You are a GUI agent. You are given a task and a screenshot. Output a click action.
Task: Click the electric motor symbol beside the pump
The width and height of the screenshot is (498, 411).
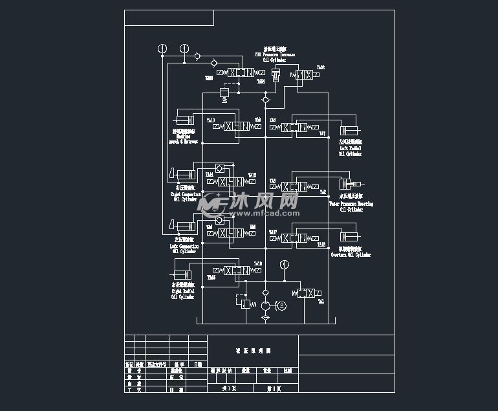pyautogui.click(x=281, y=306)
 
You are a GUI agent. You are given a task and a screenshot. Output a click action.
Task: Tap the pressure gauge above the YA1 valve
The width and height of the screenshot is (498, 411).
pyautogui.click(x=284, y=264)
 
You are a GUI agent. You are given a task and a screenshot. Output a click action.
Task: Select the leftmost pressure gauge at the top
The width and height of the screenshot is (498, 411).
pyautogui.click(x=162, y=49)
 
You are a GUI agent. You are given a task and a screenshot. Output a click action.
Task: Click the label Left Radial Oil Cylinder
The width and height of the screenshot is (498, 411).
pyautogui.click(x=351, y=148)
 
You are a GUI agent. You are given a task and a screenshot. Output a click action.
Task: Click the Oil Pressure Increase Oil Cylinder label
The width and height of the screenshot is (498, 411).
pyautogui.click(x=279, y=54)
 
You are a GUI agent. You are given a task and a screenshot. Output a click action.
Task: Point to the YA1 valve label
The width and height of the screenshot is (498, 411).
pyautogui.click(x=321, y=302)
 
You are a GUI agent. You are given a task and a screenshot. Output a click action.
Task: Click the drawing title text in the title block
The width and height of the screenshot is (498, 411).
pyautogui.click(x=253, y=351)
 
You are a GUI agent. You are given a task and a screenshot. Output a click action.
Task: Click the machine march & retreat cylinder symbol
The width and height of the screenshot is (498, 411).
pyautogui.click(x=184, y=120)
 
